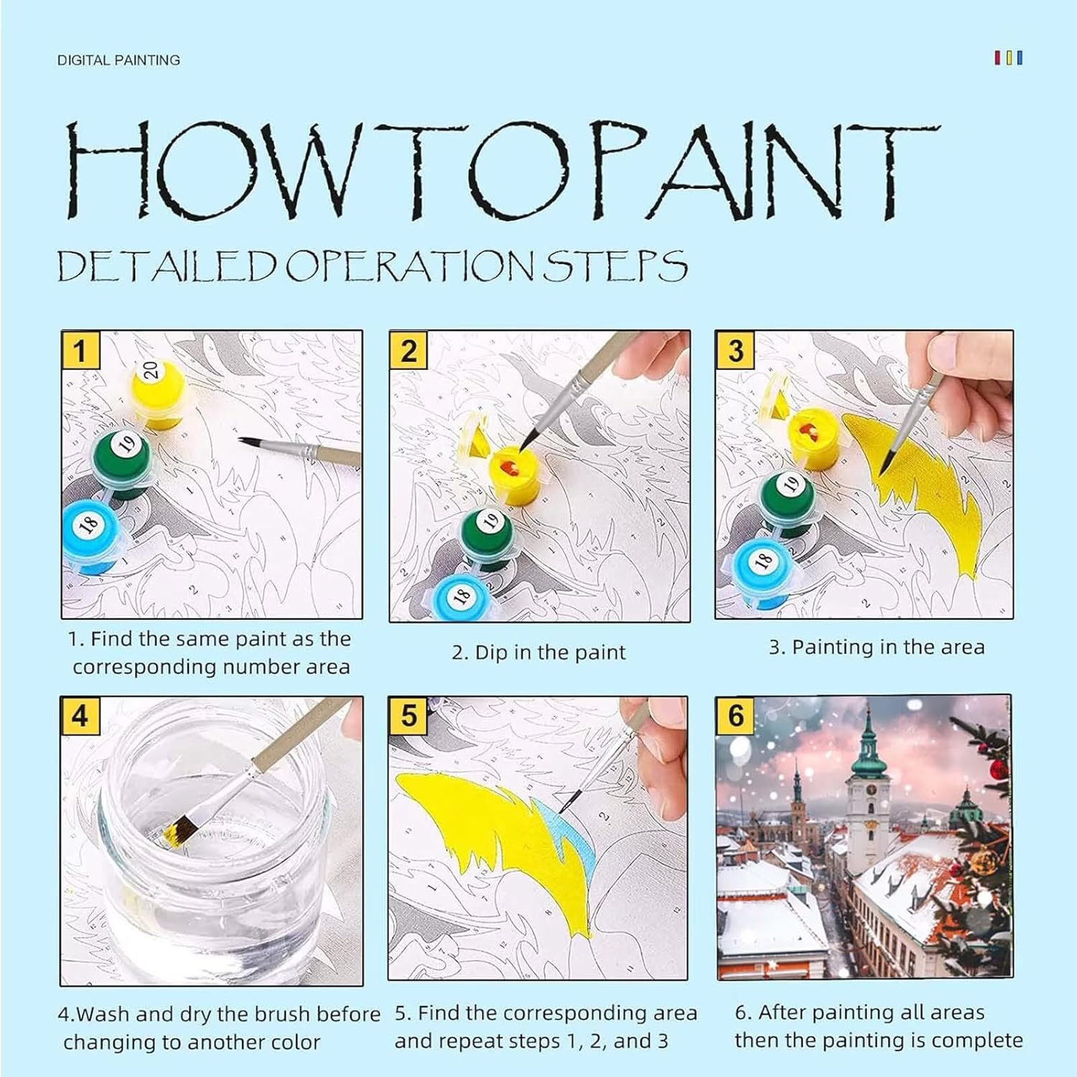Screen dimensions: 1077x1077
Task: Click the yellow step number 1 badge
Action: (x=79, y=351)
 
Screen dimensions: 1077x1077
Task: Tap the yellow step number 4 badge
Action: (x=79, y=716)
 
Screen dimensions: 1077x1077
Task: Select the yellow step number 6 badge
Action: (x=736, y=716)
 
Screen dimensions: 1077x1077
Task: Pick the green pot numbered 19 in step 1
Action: (x=122, y=463)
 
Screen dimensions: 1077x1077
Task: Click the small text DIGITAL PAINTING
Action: (x=118, y=60)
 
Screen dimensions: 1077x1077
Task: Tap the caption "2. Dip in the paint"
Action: (x=538, y=652)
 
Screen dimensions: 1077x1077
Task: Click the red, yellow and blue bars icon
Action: (x=1008, y=57)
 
